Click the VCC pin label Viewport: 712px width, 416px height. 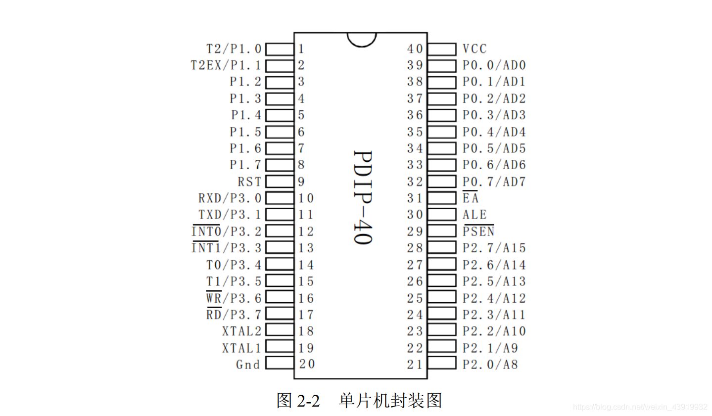click(x=475, y=49)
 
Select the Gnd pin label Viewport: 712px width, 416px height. click(x=248, y=365)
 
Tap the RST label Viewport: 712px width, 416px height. click(x=249, y=182)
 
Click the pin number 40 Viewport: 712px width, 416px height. click(x=415, y=49)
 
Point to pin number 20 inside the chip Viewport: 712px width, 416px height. click(x=307, y=364)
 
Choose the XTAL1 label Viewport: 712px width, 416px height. click(x=241, y=348)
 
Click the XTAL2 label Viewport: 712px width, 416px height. click(x=241, y=331)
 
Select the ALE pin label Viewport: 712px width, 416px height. click(x=475, y=215)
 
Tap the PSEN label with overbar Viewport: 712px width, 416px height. click(x=478, y=231)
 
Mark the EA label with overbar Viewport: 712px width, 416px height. click(x=471, y=198)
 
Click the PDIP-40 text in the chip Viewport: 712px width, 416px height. click(x=363, y=197)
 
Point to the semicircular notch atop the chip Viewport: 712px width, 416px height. click(x=362, y=39)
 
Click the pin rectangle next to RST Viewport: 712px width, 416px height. click(x=280, y=182)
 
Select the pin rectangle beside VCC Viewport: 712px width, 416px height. click(x=442, y=49)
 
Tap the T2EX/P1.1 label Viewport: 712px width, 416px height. click(x=226, y=65)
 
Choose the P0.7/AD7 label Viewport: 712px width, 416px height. click(x=494, y=182)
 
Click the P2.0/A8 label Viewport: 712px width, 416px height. click(x=490, y=365)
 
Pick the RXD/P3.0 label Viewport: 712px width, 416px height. click(x=230, y=198)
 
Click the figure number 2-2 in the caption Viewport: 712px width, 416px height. click(x=309, y=400)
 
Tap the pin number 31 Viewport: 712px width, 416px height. click(x=415, y=198)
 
